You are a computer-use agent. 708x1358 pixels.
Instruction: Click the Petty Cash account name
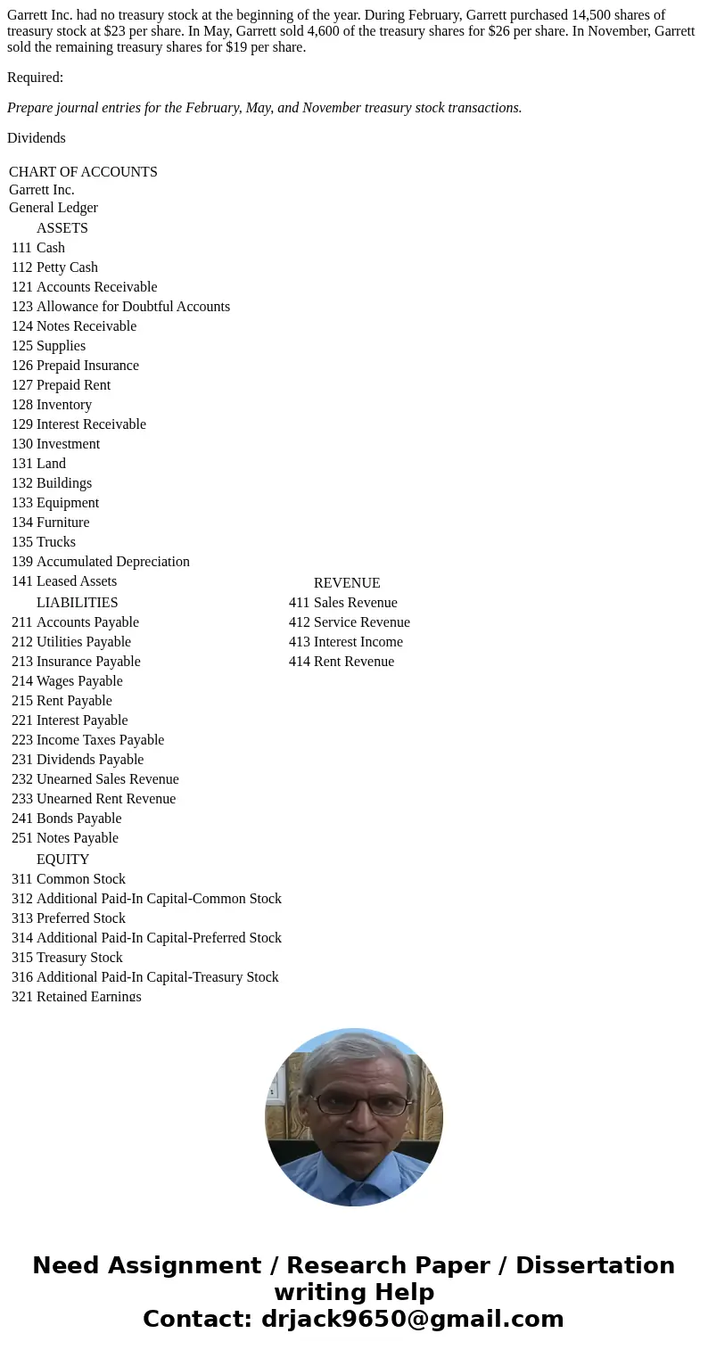[67, 267]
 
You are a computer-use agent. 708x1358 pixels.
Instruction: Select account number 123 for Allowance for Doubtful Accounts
[21, 307]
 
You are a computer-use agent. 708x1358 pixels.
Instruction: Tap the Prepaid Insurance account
[87, 366]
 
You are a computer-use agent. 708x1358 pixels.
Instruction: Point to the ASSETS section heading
[62, 228]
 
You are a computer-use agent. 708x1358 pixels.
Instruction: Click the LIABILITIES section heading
[77, 603]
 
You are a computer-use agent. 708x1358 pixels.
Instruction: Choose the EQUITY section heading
[62, 860]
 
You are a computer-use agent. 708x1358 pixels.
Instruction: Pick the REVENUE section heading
[347, 583]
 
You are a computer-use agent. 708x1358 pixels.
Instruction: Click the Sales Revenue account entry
[355, 603]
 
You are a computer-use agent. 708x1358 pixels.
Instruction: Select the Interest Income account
[358, 642]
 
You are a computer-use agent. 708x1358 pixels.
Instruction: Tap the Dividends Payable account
[89, 760]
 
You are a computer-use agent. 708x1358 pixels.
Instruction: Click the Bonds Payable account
[78, 819]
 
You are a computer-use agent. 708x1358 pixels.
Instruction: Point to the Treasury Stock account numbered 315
[79, 958]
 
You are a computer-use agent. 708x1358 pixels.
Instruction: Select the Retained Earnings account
[88, 996]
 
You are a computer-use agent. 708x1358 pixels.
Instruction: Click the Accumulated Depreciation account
[112, 562]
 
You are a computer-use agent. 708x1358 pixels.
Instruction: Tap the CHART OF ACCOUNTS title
[83, 172]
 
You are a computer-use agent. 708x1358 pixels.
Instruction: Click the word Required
[34, 78]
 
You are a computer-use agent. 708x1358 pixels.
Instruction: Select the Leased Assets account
[76, 581]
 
